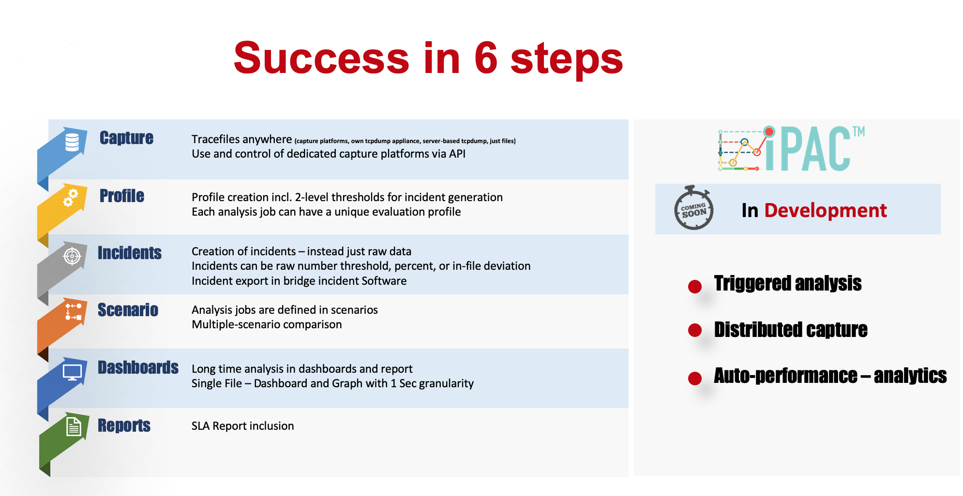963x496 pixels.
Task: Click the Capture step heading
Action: click(x=126, y=138)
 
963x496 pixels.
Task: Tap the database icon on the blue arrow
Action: click(x=72, y=142)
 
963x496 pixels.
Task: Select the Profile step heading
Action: click(x=122, y=196)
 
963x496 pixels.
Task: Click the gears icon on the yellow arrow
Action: click(x=71, y=198)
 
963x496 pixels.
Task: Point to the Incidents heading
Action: click(x=130, y=253)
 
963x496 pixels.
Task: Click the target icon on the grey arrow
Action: click(x=72, y=256)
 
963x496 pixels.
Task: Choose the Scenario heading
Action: click(x=128, y=310)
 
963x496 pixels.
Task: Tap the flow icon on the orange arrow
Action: click(x=74, y=312)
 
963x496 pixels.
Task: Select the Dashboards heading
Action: click(x=138, y=367)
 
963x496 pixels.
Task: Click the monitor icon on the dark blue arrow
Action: click(x=73, y=372)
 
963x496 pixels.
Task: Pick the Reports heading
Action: click(x=124, y=425)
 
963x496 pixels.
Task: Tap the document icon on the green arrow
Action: click(x=74, y=427)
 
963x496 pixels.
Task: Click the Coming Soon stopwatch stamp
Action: click(x=693, y=208)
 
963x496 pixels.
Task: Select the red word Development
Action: click(x=826, y=210)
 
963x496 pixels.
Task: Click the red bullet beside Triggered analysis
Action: click(x=695, y=287)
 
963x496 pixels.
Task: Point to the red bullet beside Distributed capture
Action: click(x=695, y=330)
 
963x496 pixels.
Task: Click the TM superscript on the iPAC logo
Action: click(x=858, y=131)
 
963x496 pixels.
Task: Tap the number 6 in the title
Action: click(x=486, y=58)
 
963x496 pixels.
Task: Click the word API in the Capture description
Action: click(x=457, y=154)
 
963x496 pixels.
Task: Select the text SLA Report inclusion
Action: click(x=242, y=426)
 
